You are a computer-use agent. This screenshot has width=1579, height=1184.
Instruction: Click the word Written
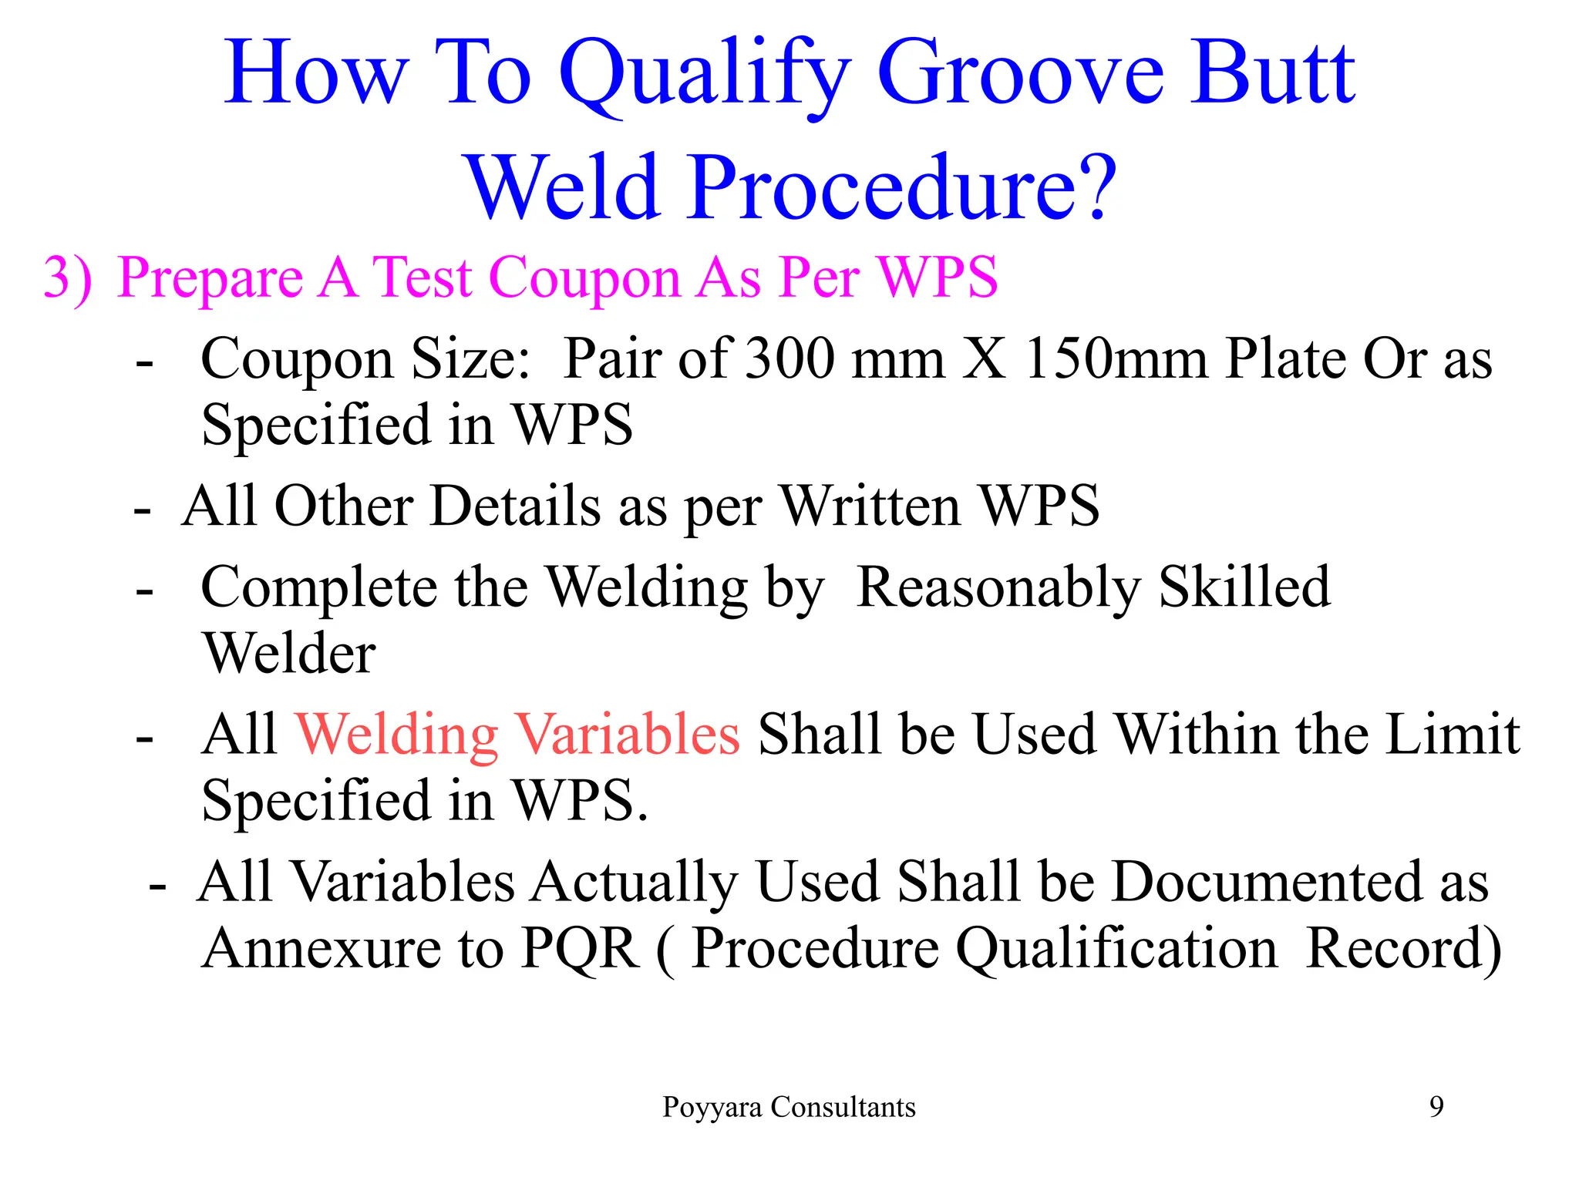(x=870, y=506)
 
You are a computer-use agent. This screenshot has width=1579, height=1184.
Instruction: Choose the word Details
(x=515, y=506)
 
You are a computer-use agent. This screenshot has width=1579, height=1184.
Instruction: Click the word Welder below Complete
(x=289, y=654)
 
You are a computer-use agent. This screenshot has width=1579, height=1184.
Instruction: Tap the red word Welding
(x=397, y=735)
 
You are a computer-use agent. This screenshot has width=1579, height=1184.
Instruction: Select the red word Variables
(x=627, y=735)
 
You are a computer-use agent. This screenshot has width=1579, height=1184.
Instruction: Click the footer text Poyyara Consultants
(x=789, y=1108)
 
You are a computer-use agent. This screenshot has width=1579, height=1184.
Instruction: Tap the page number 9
(x=1436, y=1108)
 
